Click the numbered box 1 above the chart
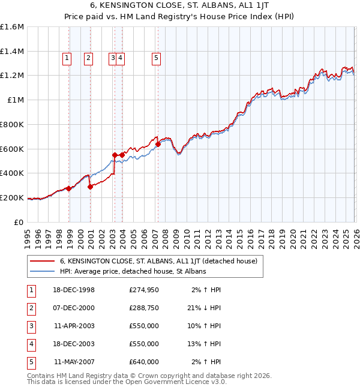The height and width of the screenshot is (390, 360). [66, 58]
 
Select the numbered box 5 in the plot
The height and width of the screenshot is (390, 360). [156, 58]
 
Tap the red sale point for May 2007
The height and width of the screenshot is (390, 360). [158, 144]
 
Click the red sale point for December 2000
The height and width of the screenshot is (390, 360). [90, 187]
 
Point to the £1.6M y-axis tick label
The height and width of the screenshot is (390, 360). [12, 27]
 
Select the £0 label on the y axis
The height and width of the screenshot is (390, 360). [20, 222]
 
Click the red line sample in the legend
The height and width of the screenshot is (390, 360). [43, 261]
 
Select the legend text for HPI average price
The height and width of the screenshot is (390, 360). [133, 271]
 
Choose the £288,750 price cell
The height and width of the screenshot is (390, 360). [144, 308]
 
